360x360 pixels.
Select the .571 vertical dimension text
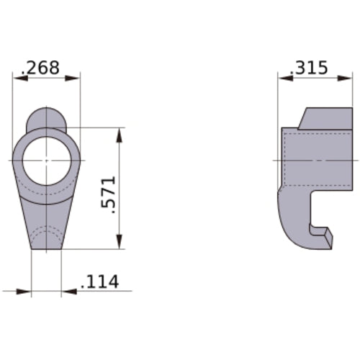pyautogui.click(x=109, y=192)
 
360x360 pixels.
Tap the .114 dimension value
pyautogui.click(x=100, y=282)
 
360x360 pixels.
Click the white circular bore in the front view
pyautogui.click(x=47, y=160)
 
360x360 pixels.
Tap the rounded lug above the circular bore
pyautogui.click(x=47, y=118)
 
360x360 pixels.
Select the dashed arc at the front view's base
pyautogui.click(x=47, y=232)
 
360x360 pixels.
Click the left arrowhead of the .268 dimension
pyautogui.click(x=17, y=78)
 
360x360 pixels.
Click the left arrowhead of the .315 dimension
pyautogui.click(x=283, y=78)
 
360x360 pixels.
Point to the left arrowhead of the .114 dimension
pyautogui.click(x=27, y=292)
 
